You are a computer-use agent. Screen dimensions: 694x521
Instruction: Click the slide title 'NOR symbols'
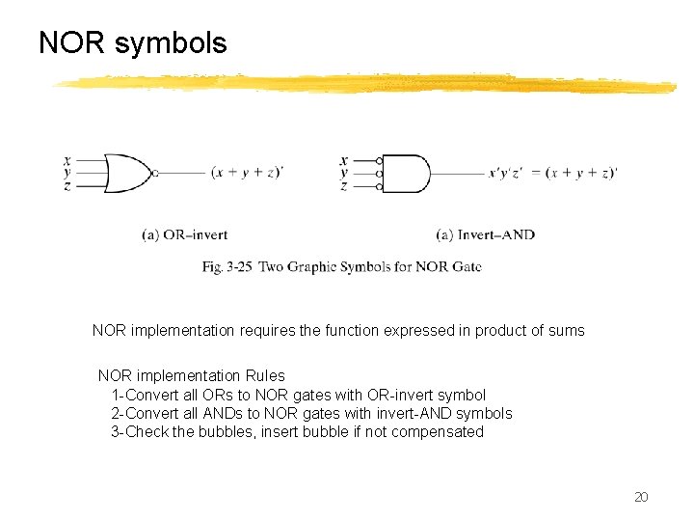pos(133,43)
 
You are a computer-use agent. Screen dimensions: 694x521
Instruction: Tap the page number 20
pos(641,497)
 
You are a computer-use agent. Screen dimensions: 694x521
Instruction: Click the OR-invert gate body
pos(125,174)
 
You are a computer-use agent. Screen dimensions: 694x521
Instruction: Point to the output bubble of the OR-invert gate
pos(155,174)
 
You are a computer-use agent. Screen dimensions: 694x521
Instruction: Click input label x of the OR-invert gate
pos(67,160)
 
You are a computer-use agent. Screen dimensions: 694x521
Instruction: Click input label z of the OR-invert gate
pos(67,186)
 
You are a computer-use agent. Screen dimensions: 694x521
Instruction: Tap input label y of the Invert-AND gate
pos(344,174)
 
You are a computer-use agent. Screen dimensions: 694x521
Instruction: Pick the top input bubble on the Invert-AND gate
pos(379,161)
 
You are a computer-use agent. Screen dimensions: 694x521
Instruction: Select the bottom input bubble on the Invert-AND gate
pos(379,186)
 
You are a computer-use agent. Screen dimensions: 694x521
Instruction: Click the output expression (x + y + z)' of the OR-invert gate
pos(248,174)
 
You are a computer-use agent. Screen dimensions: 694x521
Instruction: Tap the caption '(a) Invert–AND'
pos(485,234)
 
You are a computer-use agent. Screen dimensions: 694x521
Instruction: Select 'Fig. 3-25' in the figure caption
pos(227,266)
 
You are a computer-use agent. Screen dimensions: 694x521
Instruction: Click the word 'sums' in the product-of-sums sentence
pos(567,330)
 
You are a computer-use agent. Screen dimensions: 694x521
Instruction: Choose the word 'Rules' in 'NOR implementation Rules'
pos(265,375)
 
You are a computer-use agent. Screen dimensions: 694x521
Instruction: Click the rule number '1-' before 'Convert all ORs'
pos(118,395)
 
